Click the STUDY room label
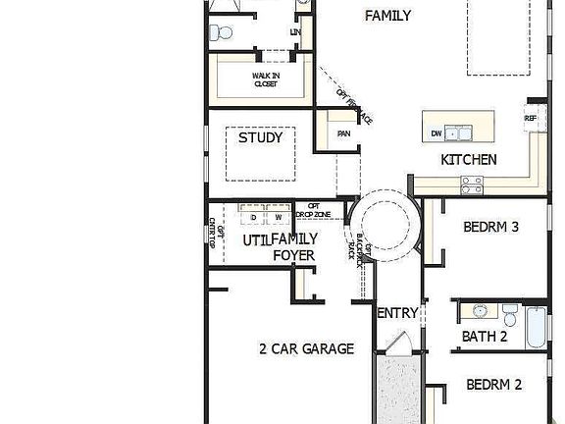click(261, 138)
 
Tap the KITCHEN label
click(468, 159)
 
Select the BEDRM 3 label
click(490, 227)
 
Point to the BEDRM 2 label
click(493, 384)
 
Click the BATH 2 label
click(484, 338)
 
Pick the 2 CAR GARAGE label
click(306, 348)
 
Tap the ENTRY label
click(398, 314)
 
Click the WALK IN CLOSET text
click(265, 79)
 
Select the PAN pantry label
click(343, 134)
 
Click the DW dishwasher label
click(436, 133)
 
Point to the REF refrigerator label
click(531, 119)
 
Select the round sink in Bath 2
click(480, 312)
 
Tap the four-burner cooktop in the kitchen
click(472, 182)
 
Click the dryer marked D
click(253, 216)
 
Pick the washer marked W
click(278, 216)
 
